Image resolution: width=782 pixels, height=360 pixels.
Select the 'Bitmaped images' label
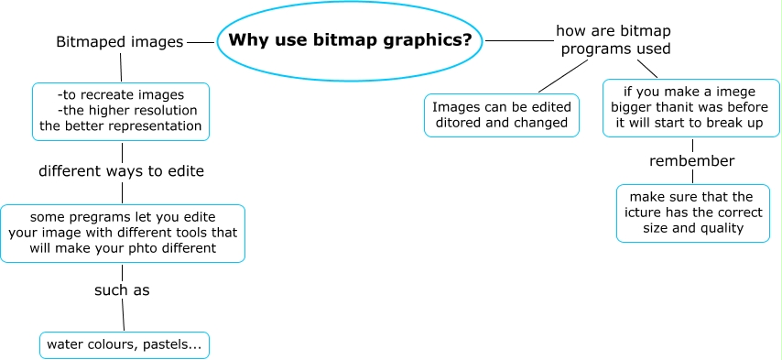click(119, 42)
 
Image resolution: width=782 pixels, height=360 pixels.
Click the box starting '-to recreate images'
click(121, 111)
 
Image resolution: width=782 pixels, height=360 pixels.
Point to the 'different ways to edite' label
click(121, 171)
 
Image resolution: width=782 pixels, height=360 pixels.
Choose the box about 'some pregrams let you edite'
click(122, 233)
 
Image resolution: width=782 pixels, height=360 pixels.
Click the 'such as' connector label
click(122, 290)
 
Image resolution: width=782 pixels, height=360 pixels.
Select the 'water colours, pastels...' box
click(125, 345)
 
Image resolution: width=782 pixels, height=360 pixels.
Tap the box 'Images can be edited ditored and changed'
click(502, 115)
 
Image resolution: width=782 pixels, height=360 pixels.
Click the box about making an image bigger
click(691, 107)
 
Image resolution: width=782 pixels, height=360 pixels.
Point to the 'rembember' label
click(692, 161)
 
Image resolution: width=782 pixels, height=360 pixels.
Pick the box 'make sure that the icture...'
click(692, 213)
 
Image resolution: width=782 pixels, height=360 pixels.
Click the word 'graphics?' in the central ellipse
click(431, 40)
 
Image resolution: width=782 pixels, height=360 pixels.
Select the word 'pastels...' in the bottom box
click(175, 345)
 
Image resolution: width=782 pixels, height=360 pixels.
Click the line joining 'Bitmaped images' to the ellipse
click(201, 42)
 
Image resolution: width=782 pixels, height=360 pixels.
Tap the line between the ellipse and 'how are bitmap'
click(518, 41)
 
